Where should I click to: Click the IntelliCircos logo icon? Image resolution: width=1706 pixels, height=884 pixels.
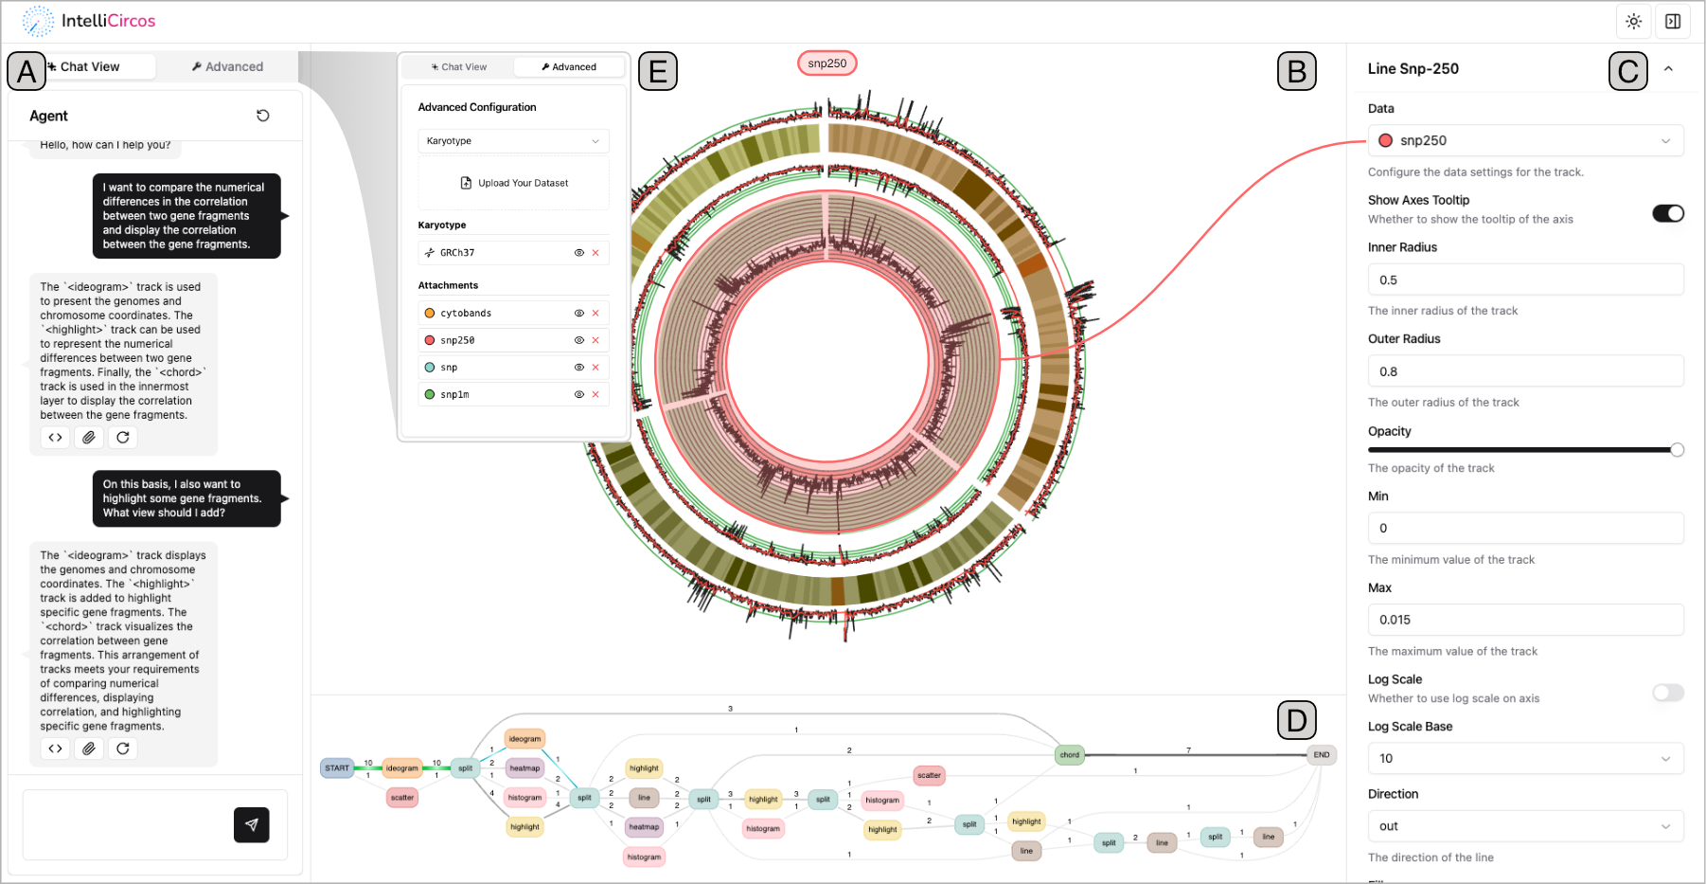(38, 21)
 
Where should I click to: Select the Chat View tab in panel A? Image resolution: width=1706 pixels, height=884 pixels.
(90, 66)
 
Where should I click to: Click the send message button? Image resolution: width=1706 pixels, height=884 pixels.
(251, 824)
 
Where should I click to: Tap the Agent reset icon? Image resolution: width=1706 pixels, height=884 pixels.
(263, 116)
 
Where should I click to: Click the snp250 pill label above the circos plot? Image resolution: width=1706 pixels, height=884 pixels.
(827, 63)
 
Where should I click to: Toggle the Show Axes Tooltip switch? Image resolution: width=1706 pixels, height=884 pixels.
(1667, 213)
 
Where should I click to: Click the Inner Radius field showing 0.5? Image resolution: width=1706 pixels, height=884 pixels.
(1524, 280)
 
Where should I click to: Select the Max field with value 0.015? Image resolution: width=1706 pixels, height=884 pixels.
(1524, 620)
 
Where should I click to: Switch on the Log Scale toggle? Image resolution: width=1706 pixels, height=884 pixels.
(1667, 693)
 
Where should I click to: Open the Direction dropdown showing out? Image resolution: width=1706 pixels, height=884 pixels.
(1524, 826)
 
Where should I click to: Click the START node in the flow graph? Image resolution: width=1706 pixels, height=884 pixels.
(337, 768)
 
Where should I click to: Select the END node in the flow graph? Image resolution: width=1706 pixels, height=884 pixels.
(1322, 755)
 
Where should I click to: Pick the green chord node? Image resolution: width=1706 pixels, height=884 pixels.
(1070, 755)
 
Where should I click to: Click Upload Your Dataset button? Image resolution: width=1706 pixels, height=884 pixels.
(514, 183)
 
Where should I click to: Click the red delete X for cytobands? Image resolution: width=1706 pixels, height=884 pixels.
(595, 313)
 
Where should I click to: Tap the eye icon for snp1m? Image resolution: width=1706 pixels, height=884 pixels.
(578, 394)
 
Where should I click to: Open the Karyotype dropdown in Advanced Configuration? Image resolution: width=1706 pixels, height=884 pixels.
(513, 141)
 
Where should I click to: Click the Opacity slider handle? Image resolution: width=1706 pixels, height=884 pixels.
(1677, 450)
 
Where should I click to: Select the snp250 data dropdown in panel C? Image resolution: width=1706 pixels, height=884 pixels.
(1524, 140)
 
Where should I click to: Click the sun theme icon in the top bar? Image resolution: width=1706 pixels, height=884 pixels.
(1633, 21)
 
